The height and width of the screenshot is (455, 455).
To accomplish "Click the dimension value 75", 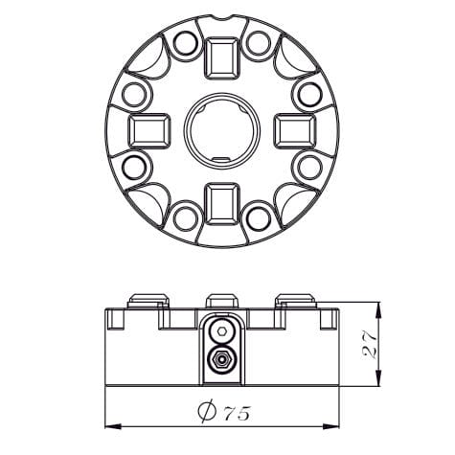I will pos(238,413).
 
